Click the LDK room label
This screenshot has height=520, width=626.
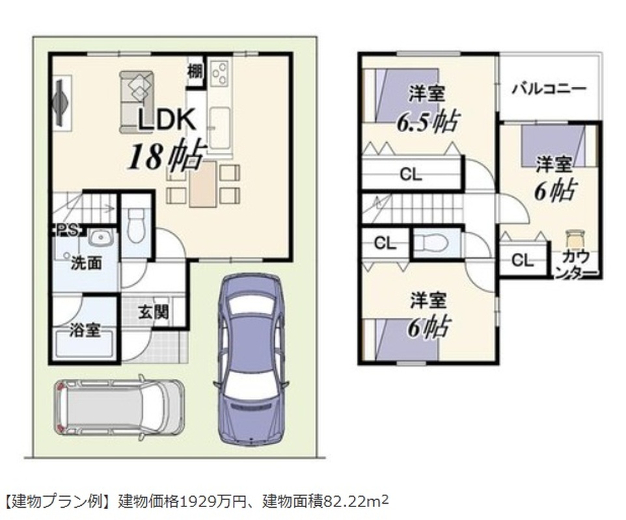[167, 119]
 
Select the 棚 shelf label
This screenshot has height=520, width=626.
[195, 72]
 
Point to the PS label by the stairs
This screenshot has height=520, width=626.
[66, 231]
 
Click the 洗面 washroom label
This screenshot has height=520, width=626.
[86, 263]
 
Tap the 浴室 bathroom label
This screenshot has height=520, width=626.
[85, 330]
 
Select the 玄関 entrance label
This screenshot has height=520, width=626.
[154, 312]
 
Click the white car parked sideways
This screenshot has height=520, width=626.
[119, 406]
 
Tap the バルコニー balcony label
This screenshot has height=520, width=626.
[549, 88]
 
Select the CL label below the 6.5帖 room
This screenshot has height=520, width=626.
[411, 175]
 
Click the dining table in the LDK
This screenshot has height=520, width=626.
[203, 184]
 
